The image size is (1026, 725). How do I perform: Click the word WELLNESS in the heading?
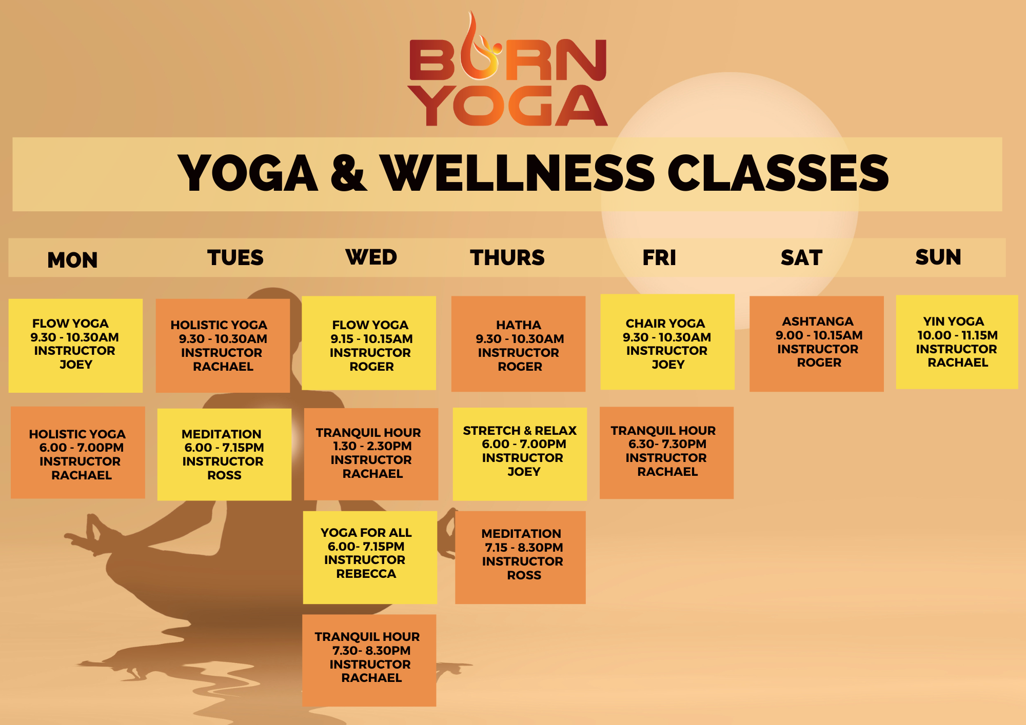(x=518, y=173)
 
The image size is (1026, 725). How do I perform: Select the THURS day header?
(x=507, y=257)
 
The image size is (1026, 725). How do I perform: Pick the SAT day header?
(x=801, y=257)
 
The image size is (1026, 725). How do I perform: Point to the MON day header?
(x=72, y=260)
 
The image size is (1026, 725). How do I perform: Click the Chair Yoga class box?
(x=667, y=342)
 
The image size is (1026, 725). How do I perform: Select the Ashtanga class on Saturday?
(x=816, y=344)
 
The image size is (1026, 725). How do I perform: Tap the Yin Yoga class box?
(x=957, y=342)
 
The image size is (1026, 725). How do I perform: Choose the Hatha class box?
(x=518, y=344)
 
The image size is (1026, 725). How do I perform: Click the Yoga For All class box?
(x=369, y=557)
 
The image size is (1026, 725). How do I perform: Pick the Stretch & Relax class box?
(x=520, y=454)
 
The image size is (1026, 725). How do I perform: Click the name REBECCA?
(x=366, y=574)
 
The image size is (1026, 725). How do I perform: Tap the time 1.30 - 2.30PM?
(x=372, y=446)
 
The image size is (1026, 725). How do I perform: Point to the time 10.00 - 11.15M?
(x=957, y=335)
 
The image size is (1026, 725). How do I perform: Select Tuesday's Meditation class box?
(x=224, y=454)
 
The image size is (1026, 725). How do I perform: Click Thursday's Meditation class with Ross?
(x=520, y=557)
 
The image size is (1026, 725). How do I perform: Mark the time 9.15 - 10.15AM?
(x=371, y=339)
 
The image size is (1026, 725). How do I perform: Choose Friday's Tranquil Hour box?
(x=666, y=453)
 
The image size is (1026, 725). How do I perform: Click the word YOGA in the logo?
(x=507, y=107)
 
